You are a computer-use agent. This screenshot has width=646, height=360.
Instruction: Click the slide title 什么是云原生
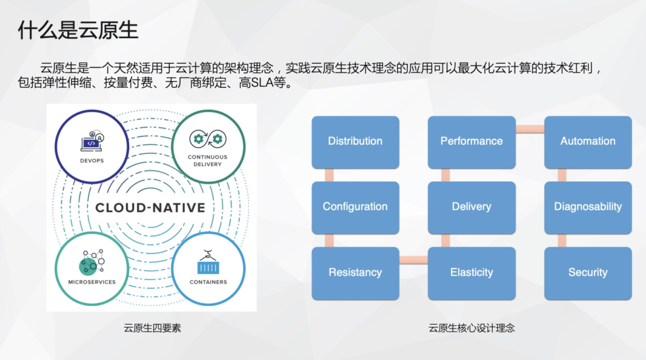click(78, 30)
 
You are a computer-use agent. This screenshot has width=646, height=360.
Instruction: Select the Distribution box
click(355, 142)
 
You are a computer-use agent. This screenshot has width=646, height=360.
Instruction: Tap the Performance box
click(471, 142)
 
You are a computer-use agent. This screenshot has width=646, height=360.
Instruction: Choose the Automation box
click(588, 142)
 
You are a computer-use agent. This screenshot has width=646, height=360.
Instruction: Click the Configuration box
click(355, 208)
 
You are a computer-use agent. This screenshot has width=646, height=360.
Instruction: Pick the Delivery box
click(471, 208)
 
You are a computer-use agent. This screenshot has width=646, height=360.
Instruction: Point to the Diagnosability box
click(588, 208)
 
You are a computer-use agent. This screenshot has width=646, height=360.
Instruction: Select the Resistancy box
click(355, 273)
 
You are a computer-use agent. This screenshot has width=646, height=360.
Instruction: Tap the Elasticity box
click(471, 273)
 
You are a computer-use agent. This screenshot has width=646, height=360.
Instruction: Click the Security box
click(588, 273)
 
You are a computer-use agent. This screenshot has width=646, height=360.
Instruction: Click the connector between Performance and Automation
click(530, 129)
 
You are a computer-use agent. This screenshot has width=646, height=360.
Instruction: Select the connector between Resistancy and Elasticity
click(414, 260)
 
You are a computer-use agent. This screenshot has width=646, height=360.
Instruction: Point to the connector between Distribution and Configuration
click(329, 175)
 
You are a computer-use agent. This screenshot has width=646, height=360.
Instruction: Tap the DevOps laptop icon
click(92, 141)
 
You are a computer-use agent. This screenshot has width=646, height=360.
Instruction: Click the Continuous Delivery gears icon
click(208, 139)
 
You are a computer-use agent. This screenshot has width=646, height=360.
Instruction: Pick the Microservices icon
click(92, 262)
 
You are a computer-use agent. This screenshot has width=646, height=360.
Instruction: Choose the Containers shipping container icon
click(208, 262)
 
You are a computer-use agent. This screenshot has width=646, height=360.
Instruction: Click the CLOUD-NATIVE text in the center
click(150, 208)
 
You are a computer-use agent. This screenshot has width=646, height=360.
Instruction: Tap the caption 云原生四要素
click(152, 328)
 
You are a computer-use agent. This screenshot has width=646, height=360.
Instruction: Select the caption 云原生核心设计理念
click(471, 328)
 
